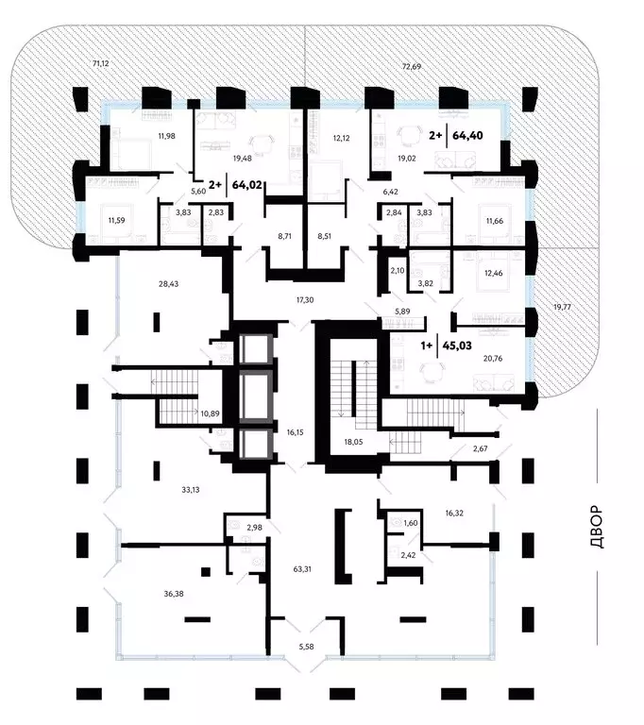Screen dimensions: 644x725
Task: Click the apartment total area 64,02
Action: [247, 185]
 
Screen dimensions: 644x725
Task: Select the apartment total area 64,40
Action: [467, 136]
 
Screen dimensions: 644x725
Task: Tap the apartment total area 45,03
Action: [457, 346]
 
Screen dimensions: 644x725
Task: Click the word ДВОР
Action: [598, 527]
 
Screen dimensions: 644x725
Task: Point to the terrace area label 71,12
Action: [100, 63]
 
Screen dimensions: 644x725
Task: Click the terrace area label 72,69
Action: [412, 67]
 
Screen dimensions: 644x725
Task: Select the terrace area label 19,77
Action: [562, 307]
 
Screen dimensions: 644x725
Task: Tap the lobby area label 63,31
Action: [302, 569]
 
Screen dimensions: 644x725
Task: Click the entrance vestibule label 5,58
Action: [306, 647]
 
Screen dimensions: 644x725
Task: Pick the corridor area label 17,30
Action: [305, 300]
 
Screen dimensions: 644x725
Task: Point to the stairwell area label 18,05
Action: [353, 442]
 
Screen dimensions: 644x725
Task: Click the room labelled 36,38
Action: [174, 594]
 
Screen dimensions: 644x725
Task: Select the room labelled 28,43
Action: [168, 284]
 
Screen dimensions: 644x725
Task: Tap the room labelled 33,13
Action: [190, 490]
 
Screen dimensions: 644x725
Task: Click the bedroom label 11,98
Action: [166, 136]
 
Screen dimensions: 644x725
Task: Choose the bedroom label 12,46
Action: [493, 273]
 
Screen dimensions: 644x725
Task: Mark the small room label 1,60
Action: [411, 523]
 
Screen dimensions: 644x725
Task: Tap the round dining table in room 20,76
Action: [432, 371]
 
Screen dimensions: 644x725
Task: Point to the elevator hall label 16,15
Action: [296, 432]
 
